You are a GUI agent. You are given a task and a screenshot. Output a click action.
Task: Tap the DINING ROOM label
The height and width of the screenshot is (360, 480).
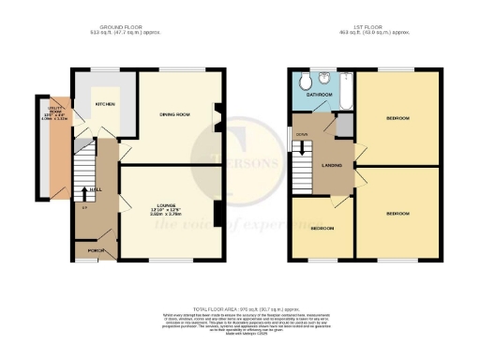point(175,114)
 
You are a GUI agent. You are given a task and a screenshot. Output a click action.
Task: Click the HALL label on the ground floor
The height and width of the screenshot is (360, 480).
point(97,188)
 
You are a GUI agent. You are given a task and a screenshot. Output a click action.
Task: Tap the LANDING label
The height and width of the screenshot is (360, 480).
point(331,166)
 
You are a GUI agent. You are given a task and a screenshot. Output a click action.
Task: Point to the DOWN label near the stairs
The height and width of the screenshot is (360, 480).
point(300,134)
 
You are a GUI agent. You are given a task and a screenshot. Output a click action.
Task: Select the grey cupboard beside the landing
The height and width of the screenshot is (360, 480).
point(345,126)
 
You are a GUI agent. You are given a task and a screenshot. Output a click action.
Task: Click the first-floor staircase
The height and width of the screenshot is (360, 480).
point(302,171)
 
